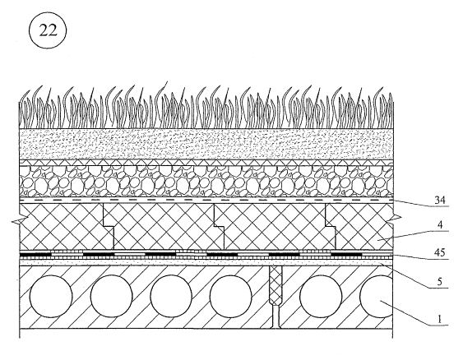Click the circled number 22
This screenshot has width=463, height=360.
coord(48,30)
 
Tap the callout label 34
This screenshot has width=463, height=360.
coord(440,201)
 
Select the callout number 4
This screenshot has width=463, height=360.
coord(440,225)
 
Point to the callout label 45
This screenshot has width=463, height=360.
coord(440,253)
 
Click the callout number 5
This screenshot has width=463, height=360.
coord(440,282)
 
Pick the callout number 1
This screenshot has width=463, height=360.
coord(440,319)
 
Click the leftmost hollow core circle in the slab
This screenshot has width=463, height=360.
coord(51,296)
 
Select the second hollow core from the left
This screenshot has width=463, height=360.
coord(111,296)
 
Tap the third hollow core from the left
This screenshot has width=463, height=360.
coord(171,296)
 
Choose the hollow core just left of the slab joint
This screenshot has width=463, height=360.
coord(231,296)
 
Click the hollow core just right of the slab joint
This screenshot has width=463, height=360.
coord(321,296)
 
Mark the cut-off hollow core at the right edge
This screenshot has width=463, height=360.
coord(377,296)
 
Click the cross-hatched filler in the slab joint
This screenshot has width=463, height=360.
coord(275,285)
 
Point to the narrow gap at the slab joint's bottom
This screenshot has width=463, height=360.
coord(275,316)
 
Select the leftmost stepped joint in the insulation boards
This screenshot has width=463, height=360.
coord(109,226)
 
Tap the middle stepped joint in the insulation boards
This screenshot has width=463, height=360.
coord(219,226)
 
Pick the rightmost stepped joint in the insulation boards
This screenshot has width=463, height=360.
coord(330,226)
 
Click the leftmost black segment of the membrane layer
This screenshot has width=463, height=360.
coord(35,254)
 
